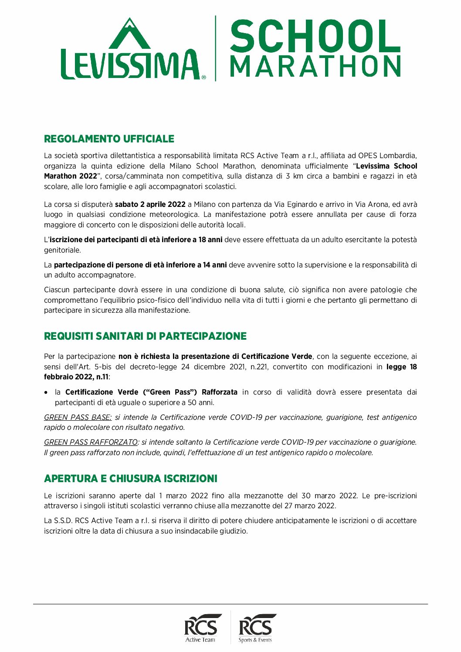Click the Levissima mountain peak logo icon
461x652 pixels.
129,34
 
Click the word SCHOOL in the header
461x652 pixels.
315,36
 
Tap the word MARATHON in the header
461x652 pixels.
315,67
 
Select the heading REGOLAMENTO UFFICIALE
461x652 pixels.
109,139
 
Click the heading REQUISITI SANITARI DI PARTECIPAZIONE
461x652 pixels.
145,336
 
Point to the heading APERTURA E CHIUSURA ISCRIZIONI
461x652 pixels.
131,479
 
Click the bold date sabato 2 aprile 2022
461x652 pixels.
150,204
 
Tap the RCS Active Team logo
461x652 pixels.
200,628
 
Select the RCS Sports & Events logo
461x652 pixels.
255,628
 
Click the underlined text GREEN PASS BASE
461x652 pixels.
78,417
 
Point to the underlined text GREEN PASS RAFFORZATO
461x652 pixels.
91,442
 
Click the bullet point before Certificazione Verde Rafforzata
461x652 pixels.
46,392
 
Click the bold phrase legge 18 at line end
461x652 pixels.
401,367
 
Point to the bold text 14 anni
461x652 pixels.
215,265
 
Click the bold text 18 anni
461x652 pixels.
210,240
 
